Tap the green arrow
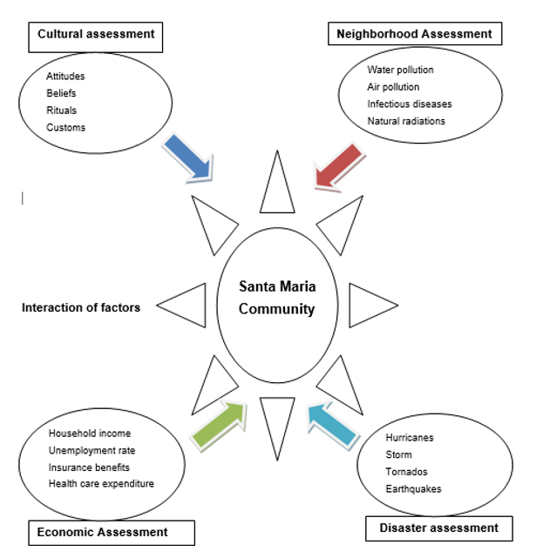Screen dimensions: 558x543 [x=219, y=425]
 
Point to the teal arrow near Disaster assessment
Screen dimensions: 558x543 [x=332, y=424]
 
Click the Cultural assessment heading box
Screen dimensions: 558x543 [x=96, y=35]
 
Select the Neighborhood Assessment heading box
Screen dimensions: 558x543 [x=414, y=35]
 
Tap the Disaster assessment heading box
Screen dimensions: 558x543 [x=438, y=528]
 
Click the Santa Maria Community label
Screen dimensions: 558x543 [x=276, y=297]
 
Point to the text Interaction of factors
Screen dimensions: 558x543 [x=81, y=307]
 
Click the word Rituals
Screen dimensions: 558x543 [x=61, y=111]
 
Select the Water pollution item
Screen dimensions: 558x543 [x=400, y=70]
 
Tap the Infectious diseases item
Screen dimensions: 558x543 [x=409, y=104]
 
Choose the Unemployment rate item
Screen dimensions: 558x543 [x=92, y=450]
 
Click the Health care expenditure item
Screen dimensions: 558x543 [x=101, y=483]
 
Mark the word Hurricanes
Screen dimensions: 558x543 [x=410, y=438]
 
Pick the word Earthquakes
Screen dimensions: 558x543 [x=413, y=488]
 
